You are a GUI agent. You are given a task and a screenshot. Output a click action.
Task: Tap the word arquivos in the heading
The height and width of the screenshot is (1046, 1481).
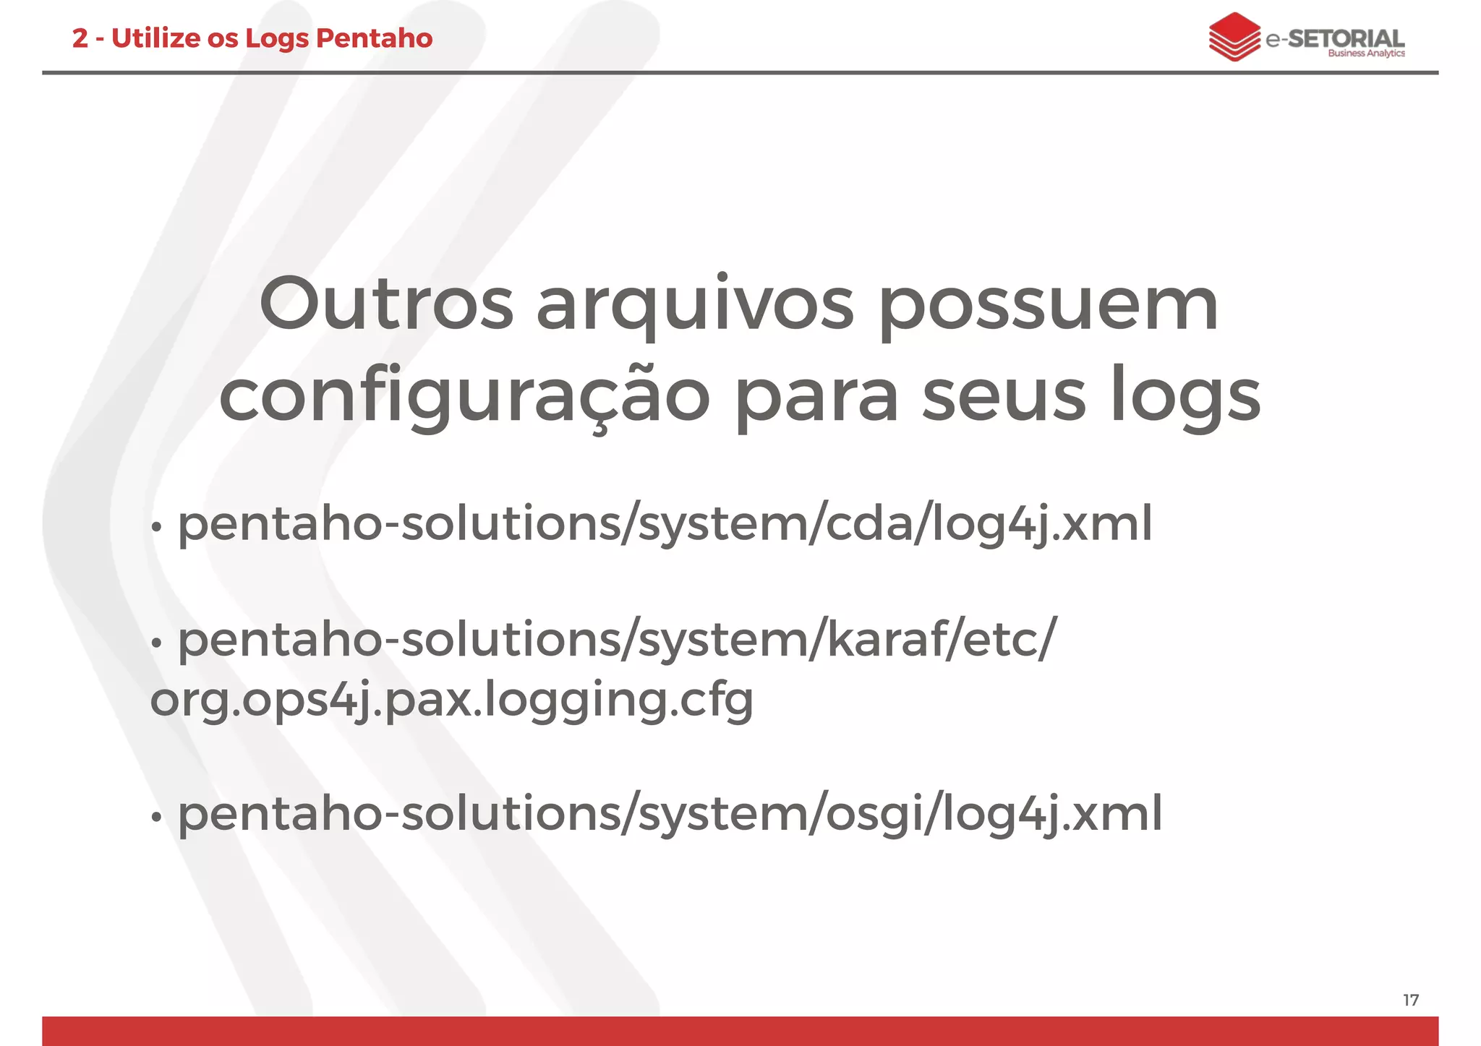click(694, 307)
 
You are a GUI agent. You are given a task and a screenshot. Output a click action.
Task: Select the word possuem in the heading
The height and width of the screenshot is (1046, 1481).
click(1049, 307)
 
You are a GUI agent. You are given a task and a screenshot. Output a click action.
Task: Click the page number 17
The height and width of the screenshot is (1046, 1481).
click(1411, 1000)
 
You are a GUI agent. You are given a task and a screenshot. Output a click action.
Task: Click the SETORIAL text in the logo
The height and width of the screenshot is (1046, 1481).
click(1346, 38)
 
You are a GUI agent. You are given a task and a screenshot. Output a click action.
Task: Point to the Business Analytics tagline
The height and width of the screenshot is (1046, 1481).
click(1366, 53)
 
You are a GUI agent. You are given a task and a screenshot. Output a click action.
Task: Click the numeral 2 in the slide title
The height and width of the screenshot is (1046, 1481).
click(80, 38)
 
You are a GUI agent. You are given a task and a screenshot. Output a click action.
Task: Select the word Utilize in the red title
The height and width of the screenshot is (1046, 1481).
click(156, 38)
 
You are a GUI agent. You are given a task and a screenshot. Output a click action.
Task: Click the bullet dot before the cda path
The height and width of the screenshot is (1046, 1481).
click(155, 528)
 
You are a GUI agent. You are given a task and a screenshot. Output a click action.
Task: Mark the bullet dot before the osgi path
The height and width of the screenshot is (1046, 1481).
click(155, 817)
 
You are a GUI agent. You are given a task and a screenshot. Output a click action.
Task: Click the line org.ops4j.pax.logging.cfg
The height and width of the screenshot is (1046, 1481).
click(452, 700)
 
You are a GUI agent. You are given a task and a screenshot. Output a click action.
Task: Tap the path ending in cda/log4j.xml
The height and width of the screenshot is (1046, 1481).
click(665, 524)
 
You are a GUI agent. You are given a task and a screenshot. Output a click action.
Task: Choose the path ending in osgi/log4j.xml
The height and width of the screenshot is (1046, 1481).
click(670, 813)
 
